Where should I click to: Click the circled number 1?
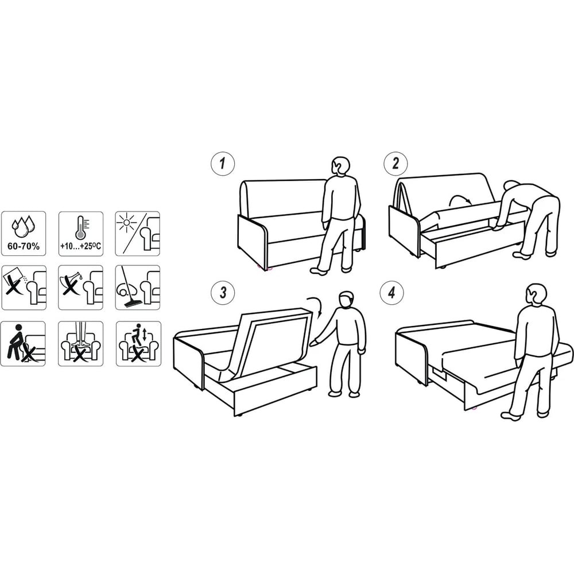pos(223,164)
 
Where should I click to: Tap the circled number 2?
pos(395,164)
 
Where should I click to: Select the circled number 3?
pos(223,293)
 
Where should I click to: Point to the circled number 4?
pos(391,293)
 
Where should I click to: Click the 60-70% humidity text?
pos(24,246)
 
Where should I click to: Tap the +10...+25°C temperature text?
pos(80,246)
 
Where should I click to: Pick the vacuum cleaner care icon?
pos(138,288)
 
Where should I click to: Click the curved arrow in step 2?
pos(460,200)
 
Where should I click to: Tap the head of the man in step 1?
pos(341,167)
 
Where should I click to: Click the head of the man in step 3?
pos(346,300)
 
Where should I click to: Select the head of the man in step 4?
pos(536,294)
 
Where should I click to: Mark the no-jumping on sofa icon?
pos(138,344)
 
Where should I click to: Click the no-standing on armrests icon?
pos(80,344)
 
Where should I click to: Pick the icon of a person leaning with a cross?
pos(23,344)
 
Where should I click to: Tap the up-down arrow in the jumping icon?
pos(145,335)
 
